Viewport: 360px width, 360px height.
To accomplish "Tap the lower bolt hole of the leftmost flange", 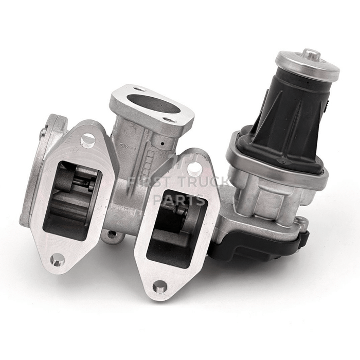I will click(x=58, y=260).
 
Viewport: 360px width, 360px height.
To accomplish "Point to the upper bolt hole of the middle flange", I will click(x=194, y=167).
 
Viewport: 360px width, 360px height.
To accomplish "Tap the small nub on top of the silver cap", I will click(x=311, y=53).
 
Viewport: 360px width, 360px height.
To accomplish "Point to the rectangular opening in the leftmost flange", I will click(x=72, y=198).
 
